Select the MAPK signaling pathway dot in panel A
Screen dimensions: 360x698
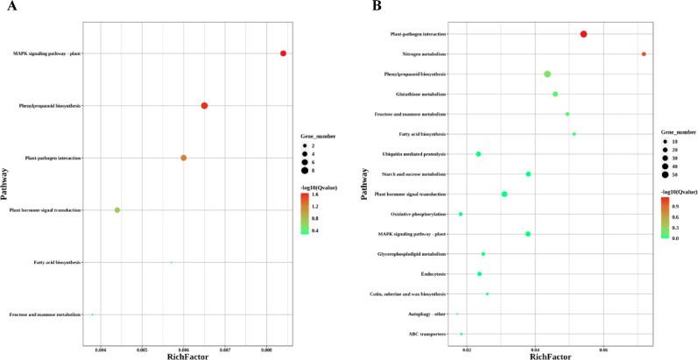coord(283,53)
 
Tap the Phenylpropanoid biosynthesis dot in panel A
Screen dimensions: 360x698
coord(204,106)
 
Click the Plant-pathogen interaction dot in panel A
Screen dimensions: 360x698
coord(184,158)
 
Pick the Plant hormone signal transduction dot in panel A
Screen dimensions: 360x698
coord(117,210)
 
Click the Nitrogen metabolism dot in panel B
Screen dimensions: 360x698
coord(644,53)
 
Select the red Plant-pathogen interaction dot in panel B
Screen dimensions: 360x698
coord(583,33)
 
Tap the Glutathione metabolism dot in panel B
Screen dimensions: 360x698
coord(555,94)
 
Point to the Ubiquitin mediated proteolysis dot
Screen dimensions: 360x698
coord(478,154)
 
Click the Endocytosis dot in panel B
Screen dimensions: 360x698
coord(479,274)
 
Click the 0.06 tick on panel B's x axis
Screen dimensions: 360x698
coord(603,349)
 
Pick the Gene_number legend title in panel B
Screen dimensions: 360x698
coord(680,131)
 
